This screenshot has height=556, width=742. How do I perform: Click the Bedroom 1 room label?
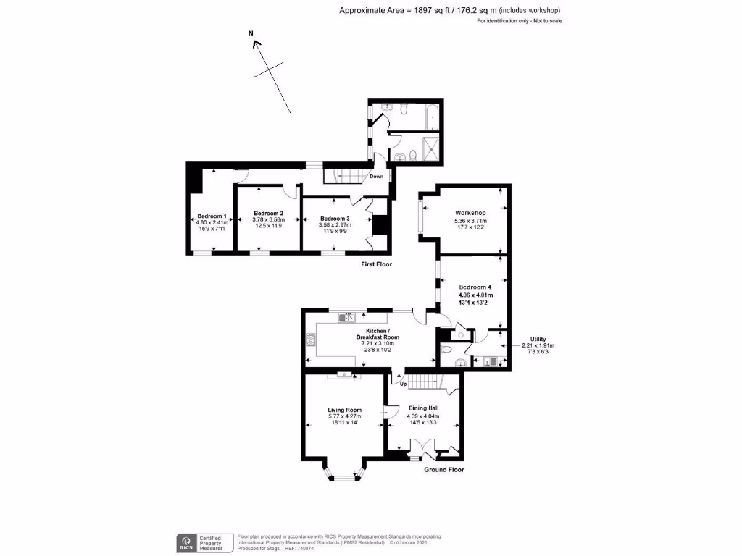[x=212, y=216]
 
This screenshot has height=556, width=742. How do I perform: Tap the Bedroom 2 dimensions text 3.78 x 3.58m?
[x=267, y=219]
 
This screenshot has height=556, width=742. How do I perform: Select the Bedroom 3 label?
[x=335, y=219]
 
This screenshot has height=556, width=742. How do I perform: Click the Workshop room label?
[x=470, y=212]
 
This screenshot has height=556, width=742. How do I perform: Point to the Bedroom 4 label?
[x=475, y=287]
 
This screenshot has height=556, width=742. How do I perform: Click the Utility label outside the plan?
[x=538, y=338]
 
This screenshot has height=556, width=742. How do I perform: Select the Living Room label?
[x=344, y=410]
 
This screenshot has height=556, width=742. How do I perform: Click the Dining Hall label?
[x=424, y=408]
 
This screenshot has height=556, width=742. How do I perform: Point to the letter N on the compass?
[x=251, y=33]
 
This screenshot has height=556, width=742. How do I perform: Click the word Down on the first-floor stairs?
[x=377, y=176]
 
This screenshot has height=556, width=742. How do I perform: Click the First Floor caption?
[x=376, y=265]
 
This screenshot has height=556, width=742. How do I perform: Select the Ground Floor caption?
[x=443, y=469]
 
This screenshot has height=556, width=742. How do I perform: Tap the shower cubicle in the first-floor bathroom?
[x=430, y=148]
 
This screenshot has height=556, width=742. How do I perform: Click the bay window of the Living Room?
[x=344, y=474]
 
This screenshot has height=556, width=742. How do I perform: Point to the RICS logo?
[x=185, y=541]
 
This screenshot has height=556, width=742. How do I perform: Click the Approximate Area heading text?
[x=449, y=10]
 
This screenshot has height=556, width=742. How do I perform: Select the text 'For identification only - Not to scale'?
[x=520, y=21]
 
